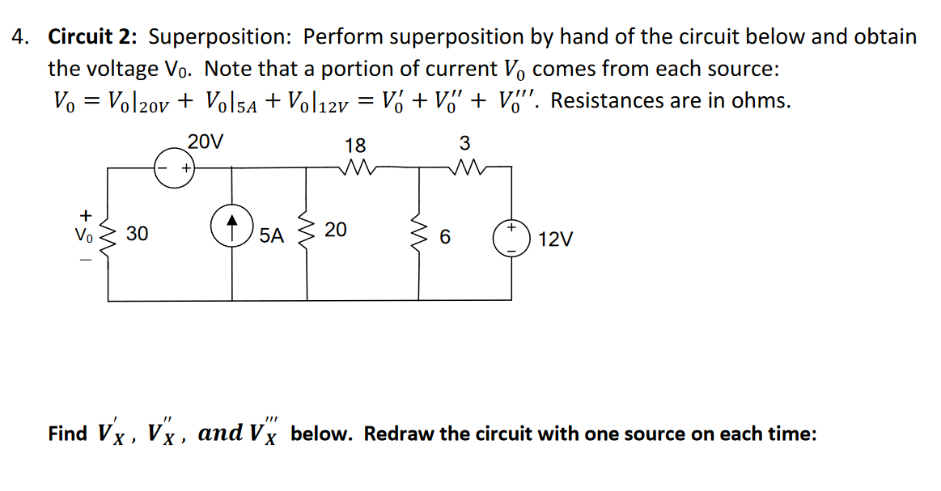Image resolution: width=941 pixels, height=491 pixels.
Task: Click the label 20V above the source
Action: [x=205, y=142]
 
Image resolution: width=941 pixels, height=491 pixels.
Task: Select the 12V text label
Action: [x=555, y=240]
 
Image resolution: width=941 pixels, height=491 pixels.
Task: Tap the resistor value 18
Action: [x=355, y=146]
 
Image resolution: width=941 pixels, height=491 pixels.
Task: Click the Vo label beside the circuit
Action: [x=83, y=236]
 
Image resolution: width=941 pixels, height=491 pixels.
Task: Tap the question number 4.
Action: [x=19, y=37]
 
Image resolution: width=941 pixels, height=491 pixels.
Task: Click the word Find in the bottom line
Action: [x=67, y=434]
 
